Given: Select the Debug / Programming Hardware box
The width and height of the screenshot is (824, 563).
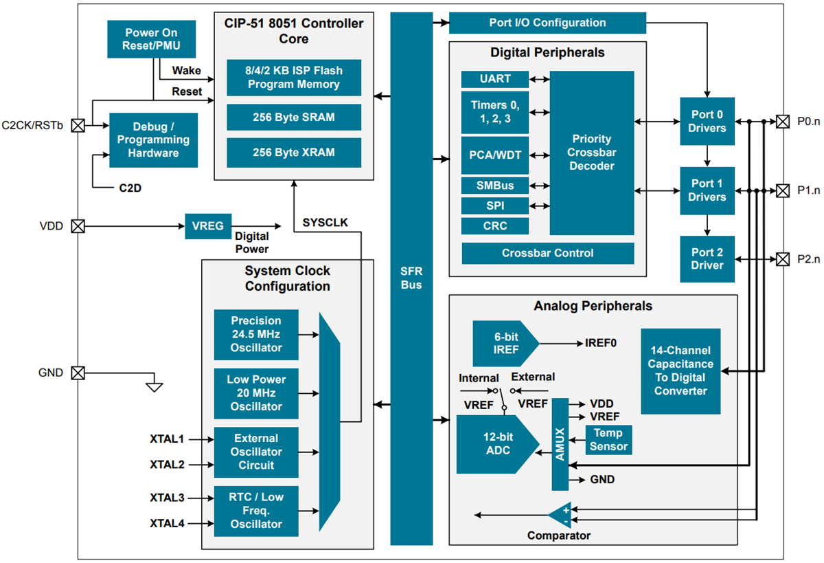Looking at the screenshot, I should (x=153, y=140).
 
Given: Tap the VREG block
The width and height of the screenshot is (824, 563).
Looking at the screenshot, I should (x=208, y=226).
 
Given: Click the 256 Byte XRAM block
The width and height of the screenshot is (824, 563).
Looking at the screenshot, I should (x=293, y=153).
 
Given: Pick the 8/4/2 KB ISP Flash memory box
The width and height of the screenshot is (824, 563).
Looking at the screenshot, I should (x=293, y=78).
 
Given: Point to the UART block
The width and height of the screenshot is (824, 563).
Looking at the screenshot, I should (x=494, y=79).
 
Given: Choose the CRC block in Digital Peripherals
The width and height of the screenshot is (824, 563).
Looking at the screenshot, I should (x=494, y=226).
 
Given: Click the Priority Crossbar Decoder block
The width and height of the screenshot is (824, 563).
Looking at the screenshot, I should (x=591, y=153).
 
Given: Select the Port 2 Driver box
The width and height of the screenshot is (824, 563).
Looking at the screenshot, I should (x=707, y=259).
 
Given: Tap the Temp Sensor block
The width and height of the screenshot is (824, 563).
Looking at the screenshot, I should (x=608, y=440).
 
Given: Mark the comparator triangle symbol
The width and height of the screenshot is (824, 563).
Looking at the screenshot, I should (x=560, y=515).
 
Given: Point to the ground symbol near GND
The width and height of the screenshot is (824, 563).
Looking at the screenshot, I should (x=154, y=386).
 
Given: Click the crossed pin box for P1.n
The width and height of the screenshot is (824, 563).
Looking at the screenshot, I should (x=782, y=190).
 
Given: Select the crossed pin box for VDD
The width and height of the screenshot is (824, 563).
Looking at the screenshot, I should (x=78, y=226).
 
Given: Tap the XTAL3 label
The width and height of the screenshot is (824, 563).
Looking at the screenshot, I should (x=167, y=497).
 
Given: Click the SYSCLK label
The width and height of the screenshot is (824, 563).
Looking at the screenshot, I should (x=325, y=223).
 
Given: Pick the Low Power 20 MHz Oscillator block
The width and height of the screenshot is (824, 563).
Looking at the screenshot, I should (x=256, y=393).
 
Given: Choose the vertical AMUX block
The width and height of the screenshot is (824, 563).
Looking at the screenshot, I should (x=560, y=443).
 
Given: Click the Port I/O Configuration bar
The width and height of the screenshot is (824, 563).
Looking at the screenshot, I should (x=547, y=23).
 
